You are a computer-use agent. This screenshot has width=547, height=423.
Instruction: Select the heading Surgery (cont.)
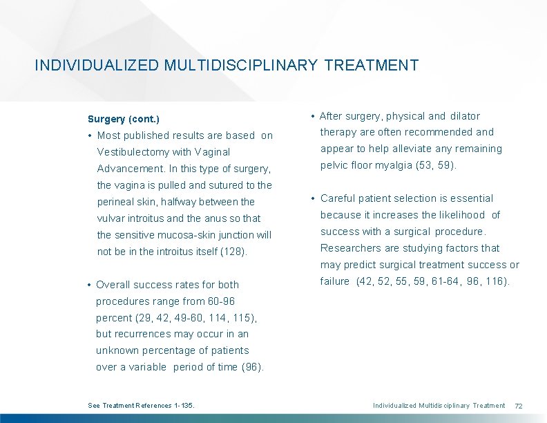(124, 120)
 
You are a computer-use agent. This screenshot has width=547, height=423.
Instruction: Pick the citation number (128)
(233, 252)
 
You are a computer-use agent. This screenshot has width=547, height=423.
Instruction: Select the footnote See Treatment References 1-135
(142, 405)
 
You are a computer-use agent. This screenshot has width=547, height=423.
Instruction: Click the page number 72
(519, 405)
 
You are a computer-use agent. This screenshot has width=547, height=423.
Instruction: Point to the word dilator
(465, 116)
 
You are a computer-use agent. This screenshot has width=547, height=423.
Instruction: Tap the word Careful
(338, 198)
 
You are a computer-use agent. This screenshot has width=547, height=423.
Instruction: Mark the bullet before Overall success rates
(90, 285)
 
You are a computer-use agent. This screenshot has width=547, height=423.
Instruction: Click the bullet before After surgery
(314, 116)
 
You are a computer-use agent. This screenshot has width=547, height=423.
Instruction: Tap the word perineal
(117, 202)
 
